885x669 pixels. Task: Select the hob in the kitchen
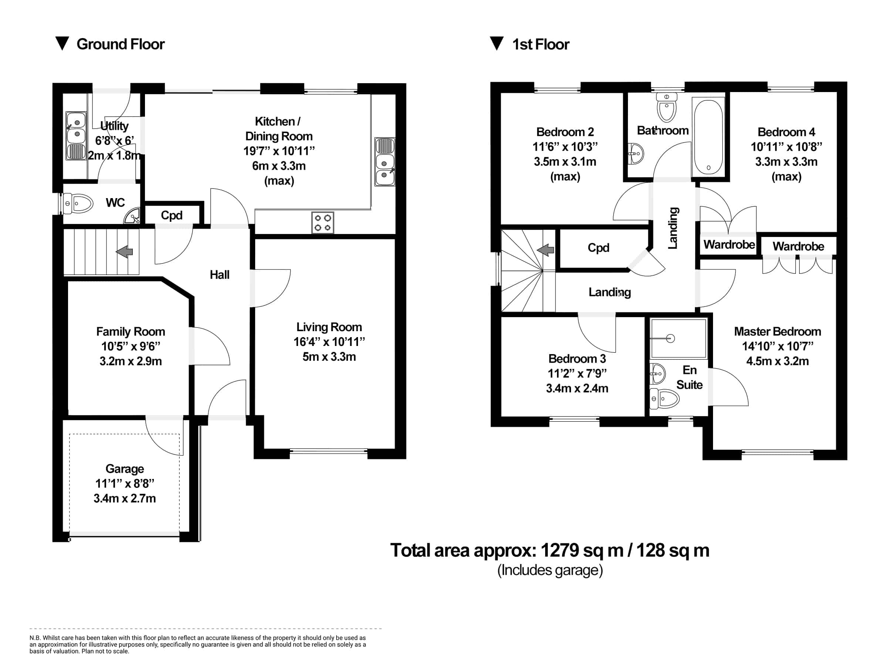coord(322,223)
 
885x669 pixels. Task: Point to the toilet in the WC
coord(77,204)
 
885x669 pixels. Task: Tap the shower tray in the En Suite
coord(678,338)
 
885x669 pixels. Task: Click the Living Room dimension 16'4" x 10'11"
coord(329,342)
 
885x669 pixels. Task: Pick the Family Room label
coord(131,332)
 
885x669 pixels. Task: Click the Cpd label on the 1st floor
coord(598,248)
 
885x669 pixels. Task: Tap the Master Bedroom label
coord(777,332)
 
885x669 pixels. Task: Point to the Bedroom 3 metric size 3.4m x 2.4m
coord(577,388)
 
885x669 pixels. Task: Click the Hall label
coord(219,275)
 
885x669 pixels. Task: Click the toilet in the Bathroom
coord(666,107)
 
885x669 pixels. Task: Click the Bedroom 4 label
coord(786,132)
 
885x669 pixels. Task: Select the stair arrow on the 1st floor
coord(545,250)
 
